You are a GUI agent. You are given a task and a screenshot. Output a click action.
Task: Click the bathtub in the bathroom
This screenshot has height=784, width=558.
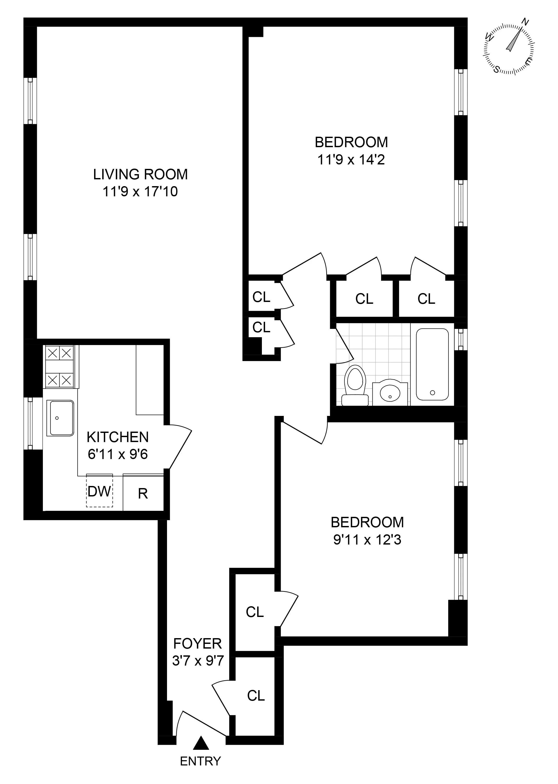[432, 364]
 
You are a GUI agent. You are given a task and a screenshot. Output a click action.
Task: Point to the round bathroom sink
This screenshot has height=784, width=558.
[390, 393]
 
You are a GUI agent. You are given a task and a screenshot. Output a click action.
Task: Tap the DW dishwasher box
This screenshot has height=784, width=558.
[99, 491]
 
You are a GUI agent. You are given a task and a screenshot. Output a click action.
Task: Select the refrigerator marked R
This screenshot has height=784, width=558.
[143, 494]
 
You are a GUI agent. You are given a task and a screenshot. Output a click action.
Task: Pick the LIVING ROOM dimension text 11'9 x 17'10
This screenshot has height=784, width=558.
[140, 191]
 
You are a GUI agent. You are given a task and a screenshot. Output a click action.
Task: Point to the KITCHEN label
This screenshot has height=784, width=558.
[118, 437]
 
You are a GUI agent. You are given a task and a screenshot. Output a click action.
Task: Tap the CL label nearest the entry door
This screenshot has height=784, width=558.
[256, 696]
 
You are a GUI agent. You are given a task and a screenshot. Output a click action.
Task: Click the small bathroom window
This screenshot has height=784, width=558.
[461, 339]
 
